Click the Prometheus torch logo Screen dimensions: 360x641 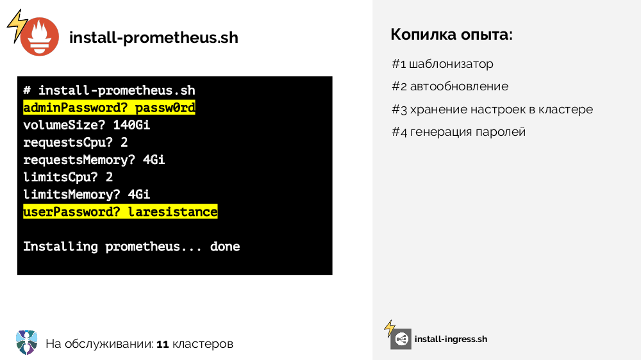[x=39, y=37]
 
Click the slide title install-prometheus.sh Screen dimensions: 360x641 [x=153, y=38]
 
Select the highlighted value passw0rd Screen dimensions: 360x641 [x=165, y=108]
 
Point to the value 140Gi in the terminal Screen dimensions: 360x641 [x=131, y=125]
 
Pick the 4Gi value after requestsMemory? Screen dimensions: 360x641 [x=154, y=160]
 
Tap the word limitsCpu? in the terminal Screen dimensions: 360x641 [x=56, y=177]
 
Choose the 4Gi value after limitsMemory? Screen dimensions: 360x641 [x=139, y=194]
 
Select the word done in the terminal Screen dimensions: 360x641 [x=225, y=246]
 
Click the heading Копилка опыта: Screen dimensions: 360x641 [x=452, y=35]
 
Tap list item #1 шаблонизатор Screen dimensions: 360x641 [x=442, y=64]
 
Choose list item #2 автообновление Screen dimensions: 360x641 [x=449, y=86]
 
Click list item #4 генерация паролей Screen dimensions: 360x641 [x=458, y=132]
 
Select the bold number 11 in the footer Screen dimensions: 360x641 [x=162, y=344]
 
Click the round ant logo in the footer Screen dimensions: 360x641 [x=27, y=342]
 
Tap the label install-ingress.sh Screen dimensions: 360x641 [x=451, y=339]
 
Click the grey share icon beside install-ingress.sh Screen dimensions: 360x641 [x=401, y=339]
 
